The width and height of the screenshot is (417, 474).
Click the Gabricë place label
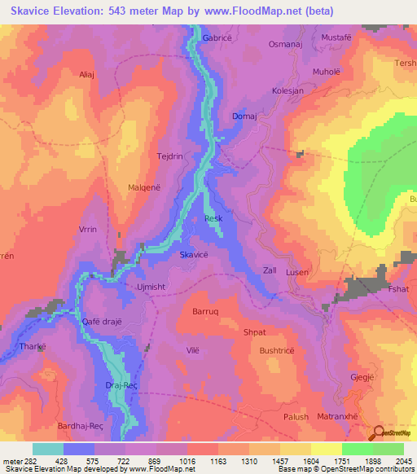point(217,37)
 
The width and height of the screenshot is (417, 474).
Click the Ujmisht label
point(150,287)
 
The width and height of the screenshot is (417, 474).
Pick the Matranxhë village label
point(336,416)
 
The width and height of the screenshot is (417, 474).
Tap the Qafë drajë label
point(102,321)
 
